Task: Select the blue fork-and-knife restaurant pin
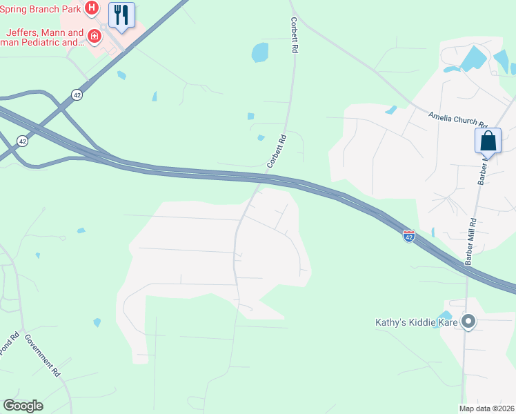point(122,15)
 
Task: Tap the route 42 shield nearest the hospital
point(77,95)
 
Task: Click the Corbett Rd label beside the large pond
point(295,36)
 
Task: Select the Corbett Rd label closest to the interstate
point(276,151)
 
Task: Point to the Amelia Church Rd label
point(457,119)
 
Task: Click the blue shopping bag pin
point(488,141)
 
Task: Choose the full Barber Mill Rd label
point(471,241)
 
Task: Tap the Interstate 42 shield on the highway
point(409,236)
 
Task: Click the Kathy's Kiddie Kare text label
point(417,322)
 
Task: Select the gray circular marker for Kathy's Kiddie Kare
point(469,322)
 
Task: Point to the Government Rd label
point(43,355)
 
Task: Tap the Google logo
point(23,406)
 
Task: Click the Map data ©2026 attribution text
point(486,408)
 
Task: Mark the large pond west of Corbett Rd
point(260,52)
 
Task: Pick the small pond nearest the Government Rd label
point(97,322)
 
